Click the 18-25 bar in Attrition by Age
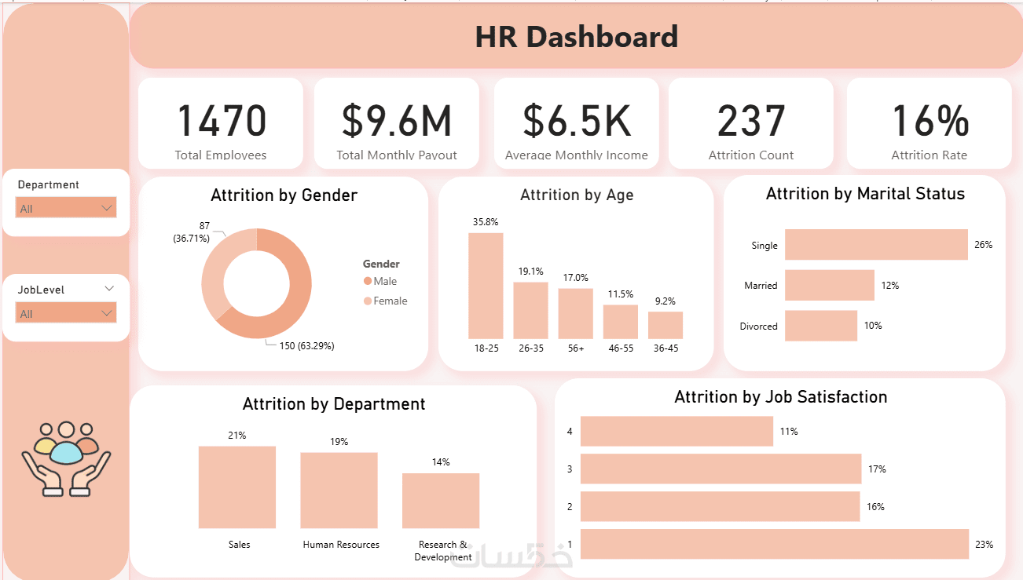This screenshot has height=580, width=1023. pos(486,286)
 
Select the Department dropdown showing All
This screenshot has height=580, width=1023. pos(66,208)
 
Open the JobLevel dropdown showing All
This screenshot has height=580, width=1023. pos(66,313)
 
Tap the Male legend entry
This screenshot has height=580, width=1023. pos(380,281)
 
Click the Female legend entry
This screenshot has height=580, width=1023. pos(385,301)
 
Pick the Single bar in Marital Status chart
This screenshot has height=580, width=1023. pos(876,245)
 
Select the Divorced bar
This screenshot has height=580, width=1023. pos(821,326)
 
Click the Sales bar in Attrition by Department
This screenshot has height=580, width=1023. pos(237,487)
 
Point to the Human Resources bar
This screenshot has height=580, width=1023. pos(339,491)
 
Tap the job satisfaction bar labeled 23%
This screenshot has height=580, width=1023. pos(775,544)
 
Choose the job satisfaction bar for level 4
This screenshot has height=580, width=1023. pos(676,431)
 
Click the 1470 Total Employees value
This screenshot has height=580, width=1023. pos(222,120)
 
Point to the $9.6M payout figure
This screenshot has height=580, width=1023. pos(397,120)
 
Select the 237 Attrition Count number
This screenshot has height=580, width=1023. pos(751,120)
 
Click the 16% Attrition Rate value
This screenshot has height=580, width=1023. pos(929,120)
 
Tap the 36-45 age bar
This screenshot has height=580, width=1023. pos(665,326)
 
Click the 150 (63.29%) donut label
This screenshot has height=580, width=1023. pos(307,346)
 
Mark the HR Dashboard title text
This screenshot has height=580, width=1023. pos(577,37)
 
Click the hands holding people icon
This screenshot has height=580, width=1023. pos(66,458)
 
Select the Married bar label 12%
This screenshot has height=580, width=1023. pos(890,286)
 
